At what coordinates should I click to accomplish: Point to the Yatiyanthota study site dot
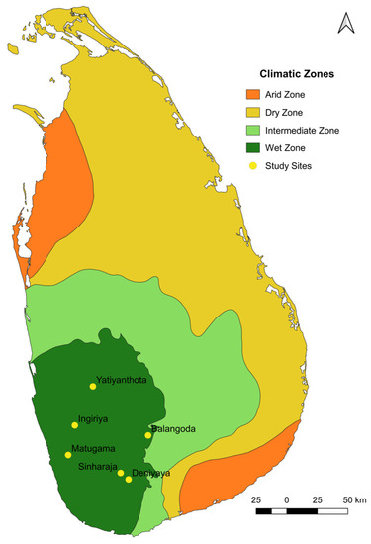tap(93, 386)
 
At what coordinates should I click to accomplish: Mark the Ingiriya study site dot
tap(75, 425)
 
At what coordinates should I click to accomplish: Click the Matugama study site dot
tap(68, 455)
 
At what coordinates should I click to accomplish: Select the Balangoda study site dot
tap(148, 434)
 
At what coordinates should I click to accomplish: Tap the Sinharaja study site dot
tap(121, 473)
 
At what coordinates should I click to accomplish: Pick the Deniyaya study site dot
tap(129, 479)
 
